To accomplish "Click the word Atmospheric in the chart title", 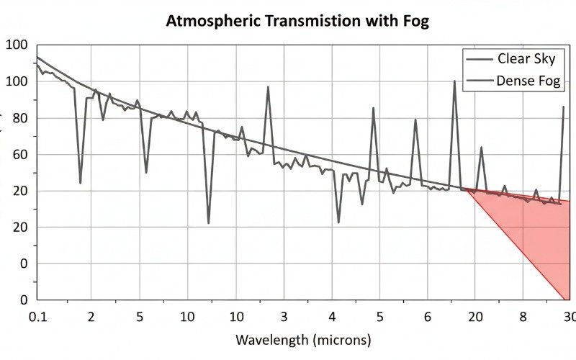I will tap(209, 20).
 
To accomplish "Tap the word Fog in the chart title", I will tap(415, 20).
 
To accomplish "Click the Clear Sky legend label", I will tap(526, 59).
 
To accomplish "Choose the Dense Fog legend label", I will tap(528, 81).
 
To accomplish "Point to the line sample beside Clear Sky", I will tap(479, 59).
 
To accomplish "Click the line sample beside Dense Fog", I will tap(479, 81).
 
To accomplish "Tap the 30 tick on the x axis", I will tap(568, 317).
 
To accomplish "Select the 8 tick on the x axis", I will tap(523, 317).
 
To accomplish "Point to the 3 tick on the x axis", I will tap(284, 317).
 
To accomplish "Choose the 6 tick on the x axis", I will tap(427, 317).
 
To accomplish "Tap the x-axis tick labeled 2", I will tap(91, 317).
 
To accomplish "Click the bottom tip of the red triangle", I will tap(564, 299).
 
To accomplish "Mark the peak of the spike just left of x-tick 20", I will tap(454, 81).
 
